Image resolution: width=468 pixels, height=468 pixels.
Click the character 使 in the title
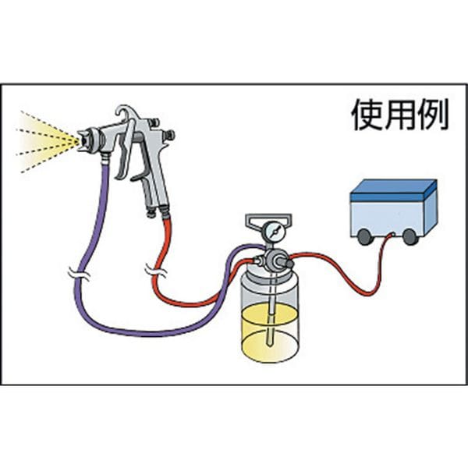point(367,115)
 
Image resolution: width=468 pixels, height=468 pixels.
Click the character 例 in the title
point(432,115)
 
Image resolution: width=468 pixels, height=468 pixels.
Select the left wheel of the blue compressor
point(363,236)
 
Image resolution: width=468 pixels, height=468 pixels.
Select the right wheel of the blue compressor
point(409,236)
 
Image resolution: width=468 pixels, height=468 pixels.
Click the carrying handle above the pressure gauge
point(268,219)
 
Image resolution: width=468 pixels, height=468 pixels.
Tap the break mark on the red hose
point(156,271)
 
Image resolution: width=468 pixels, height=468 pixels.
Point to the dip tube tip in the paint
point(270,344)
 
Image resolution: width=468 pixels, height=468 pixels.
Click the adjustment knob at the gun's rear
point(169,136)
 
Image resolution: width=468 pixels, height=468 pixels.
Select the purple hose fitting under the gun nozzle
point(105,160)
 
